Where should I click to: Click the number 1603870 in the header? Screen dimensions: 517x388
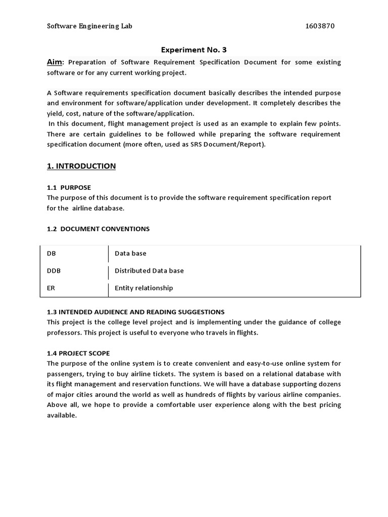click(320, 26)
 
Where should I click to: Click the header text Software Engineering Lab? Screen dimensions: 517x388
click(90, 26)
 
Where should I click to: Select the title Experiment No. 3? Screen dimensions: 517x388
click(194, 49)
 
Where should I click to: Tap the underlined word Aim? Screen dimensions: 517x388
click(55, 62)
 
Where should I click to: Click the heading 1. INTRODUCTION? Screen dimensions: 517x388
click(81, 166)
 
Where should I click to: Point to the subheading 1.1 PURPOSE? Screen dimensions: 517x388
click(69, 187)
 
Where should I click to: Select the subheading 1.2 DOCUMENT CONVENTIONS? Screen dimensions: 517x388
click(98, 229)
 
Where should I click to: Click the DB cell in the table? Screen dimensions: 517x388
click(52, 253)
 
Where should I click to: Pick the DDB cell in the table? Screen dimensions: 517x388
click(54, 271)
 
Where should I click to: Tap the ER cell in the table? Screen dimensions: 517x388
click(51, 288)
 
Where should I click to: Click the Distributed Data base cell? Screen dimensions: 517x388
click(149, 271)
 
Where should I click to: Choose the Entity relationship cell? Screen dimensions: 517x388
click(143, 288)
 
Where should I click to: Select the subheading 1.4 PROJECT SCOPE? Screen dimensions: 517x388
click(78, 353)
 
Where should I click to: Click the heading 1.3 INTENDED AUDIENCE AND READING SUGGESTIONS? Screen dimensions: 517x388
click(135, 312)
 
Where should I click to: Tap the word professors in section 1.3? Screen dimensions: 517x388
click(64, 332)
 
